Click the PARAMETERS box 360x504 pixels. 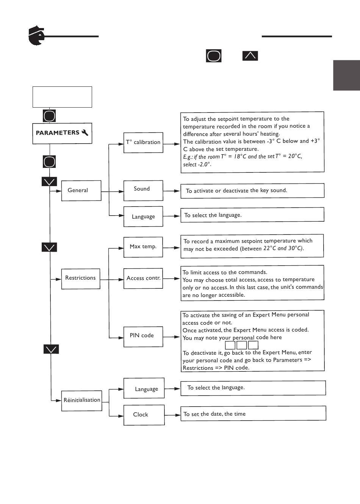(x=62, y=133)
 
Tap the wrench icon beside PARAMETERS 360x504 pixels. (x=85, y=133)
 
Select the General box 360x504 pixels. (x=81, y=191)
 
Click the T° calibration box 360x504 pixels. (x=143, y=142)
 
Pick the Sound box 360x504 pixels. (x=143, y=191)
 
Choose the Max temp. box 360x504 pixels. (x=143, y=247)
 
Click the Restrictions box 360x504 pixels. (x=81, y=279)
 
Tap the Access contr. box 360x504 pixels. (x=143, y=278)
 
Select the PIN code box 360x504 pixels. (x=143, y=337)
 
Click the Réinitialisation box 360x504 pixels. (x=82, y=401)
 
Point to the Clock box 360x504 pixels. (x=144, y=415)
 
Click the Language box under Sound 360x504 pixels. (x=143, y=216)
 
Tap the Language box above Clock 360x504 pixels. (x=144, y=388)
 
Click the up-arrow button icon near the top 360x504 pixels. (x=250, y=56)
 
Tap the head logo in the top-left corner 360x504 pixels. (x=36, y=36)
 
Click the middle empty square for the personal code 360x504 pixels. (x=242, y=345)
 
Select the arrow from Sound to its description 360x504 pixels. (x=171, y=191)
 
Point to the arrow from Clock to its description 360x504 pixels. (x=172, y=415)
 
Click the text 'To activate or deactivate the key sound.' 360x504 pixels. (x=236, y=191)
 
